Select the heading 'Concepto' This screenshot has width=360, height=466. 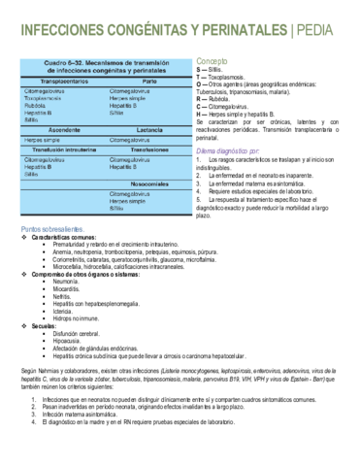coord(212,60)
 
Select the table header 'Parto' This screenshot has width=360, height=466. coord(148,82)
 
